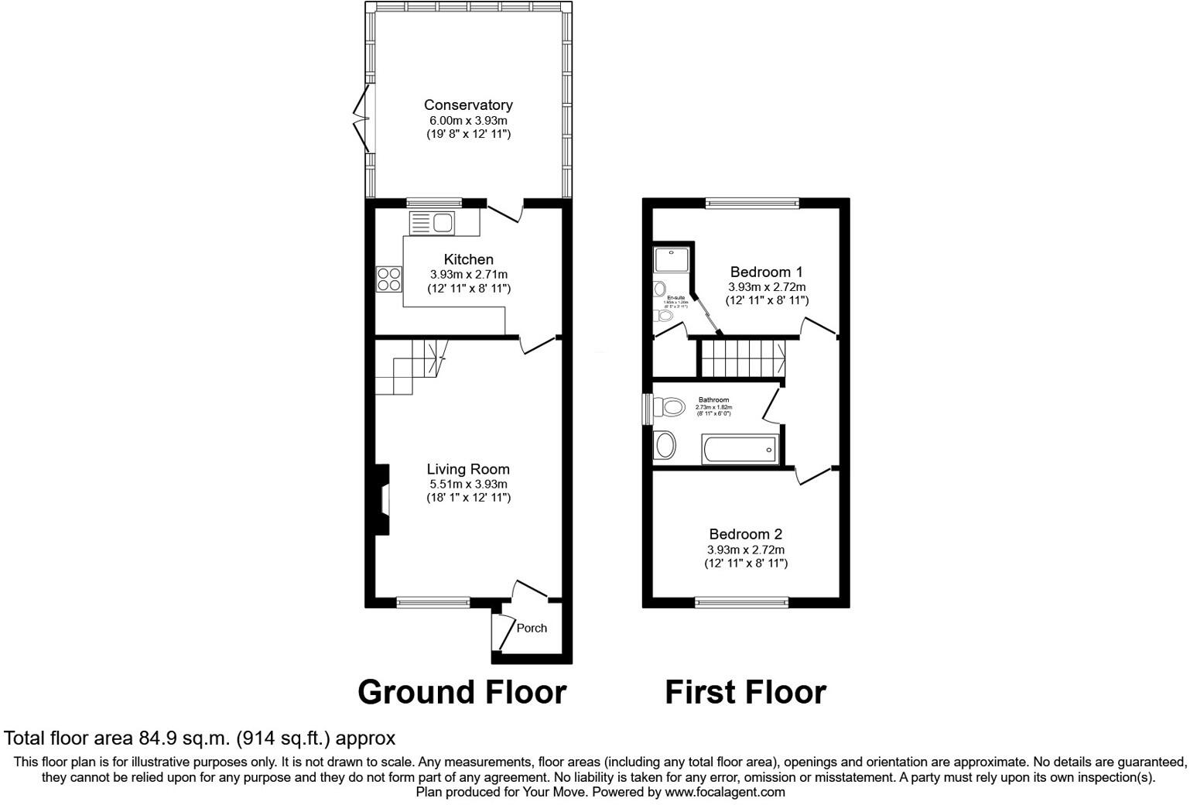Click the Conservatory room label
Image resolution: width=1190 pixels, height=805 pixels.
coord(468,104)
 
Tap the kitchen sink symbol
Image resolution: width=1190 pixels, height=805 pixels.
coord(432,223)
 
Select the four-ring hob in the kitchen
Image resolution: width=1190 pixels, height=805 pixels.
coord(389,279)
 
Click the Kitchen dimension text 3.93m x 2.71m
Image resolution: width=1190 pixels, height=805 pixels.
coord(468,274)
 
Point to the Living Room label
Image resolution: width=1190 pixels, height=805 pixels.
coord(468,469)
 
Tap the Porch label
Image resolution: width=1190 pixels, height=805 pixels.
coord(532,628)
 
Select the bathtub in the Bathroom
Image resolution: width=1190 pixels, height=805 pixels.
coord(740,449)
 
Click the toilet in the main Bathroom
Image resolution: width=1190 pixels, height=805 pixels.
coord(669,406)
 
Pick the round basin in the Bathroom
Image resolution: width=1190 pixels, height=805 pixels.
coord(665,446)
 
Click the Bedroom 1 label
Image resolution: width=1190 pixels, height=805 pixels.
coord(766,272)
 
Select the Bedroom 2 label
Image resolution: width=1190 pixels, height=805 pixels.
coord(746,534)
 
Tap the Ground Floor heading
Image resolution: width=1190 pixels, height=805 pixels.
coord(462,691)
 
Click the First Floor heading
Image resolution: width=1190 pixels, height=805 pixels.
coord(745,691)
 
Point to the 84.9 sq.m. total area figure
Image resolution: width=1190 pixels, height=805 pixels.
coord(184,738)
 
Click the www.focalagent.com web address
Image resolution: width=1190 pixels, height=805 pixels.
coord(725,792)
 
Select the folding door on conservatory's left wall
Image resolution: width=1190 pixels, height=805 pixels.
coord(361,118)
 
